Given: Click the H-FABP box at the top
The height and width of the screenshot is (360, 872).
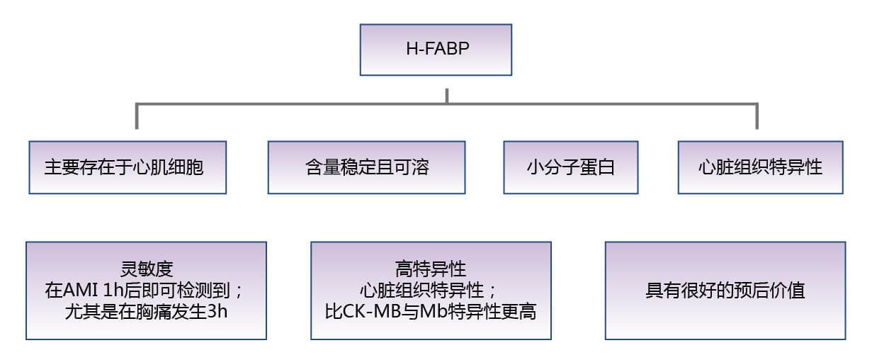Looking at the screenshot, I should click(436, 50).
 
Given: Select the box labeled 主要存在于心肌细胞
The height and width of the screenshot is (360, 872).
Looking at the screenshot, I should click(128, 167).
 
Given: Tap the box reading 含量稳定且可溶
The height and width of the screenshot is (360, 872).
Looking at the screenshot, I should click(366, 167).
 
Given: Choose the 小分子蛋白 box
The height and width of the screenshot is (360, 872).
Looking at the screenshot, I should click(570, 167).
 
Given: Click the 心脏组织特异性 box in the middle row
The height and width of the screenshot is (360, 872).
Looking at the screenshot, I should click(760, 167).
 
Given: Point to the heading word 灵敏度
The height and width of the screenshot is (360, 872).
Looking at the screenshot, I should click(146, 270).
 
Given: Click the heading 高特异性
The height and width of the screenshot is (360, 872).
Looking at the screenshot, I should click(431, 270).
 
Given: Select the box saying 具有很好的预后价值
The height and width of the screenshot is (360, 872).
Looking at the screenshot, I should click(725, 291).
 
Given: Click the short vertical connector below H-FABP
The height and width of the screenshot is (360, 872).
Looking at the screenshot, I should click(446, 95).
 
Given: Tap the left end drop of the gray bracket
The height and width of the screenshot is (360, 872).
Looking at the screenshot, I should click(137, 117).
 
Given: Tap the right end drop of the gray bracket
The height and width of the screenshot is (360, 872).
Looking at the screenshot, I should click(757, 117).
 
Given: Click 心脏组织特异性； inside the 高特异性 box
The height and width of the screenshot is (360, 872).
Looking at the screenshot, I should click(431, 291).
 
